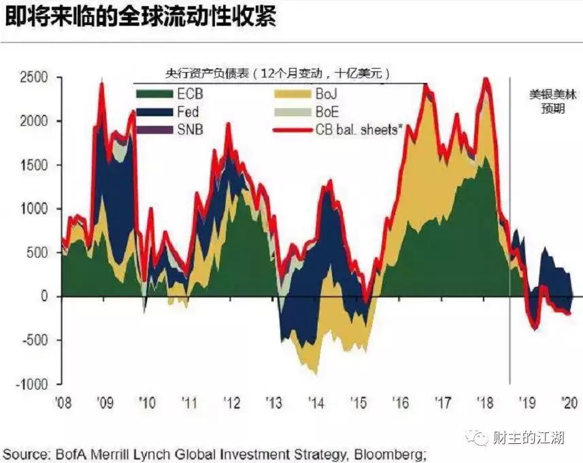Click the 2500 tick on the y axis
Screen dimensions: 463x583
coord(33,77)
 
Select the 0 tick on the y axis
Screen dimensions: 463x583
coord(45,296)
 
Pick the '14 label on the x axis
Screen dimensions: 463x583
coord(316,402)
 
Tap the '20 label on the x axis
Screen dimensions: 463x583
coord(570,402)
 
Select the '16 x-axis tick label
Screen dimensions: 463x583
coord(401,402)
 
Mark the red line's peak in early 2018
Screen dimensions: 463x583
coord(485,80)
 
